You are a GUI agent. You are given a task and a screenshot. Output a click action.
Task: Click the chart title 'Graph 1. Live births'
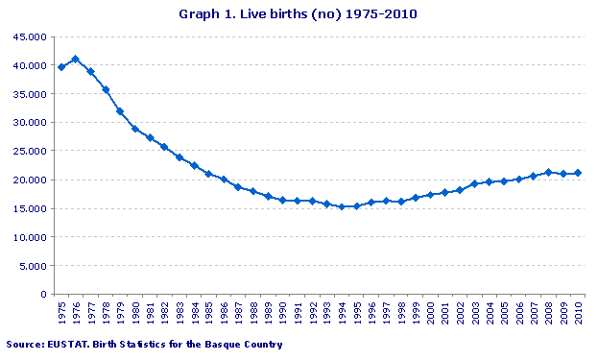coord(299,14)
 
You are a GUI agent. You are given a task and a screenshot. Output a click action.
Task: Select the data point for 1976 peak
coord(75,60)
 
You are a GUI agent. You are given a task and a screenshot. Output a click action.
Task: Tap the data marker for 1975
coord(61,67)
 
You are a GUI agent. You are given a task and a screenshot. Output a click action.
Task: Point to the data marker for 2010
coord(577,174)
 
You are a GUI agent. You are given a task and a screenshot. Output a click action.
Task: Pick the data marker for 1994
coord(341,206)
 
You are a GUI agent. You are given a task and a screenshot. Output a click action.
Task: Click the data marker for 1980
coord(135,129)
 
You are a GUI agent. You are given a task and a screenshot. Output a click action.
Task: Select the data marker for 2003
coord(474,183)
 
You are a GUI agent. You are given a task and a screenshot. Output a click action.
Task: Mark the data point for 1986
coord(224,180)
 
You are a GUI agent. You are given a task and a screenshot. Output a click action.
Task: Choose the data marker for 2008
coord(548,173)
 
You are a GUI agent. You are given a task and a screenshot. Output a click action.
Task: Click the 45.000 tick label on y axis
coord(28,36)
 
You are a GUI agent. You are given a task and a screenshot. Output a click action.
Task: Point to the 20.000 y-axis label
coord(28,180)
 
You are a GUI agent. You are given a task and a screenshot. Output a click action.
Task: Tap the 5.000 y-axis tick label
coord(31,266)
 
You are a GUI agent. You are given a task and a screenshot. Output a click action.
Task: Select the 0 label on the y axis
coord(42,294)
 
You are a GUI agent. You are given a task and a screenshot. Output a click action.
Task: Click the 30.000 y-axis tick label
coord(28,123)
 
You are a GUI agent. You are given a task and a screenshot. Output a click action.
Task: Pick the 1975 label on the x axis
coord(61,314)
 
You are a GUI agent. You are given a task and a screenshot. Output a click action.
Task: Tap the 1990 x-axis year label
coord(282,314)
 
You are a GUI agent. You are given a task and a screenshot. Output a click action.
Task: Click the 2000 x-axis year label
coord(430,314)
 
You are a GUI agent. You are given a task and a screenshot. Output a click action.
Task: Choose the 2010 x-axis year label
coord(577,314)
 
